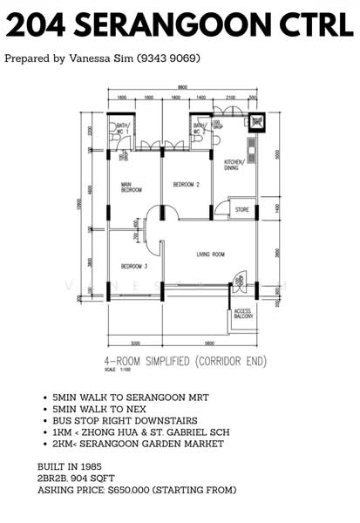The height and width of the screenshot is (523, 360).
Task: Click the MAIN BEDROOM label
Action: (x=132, y=187)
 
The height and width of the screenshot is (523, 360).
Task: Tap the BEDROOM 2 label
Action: (x=187, y=185)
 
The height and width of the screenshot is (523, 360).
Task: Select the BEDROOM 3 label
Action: (x=133, y=266)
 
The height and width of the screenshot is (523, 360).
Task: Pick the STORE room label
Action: (x=242, y=209)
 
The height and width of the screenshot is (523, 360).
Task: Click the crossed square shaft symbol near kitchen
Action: (x=256, y=121)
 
